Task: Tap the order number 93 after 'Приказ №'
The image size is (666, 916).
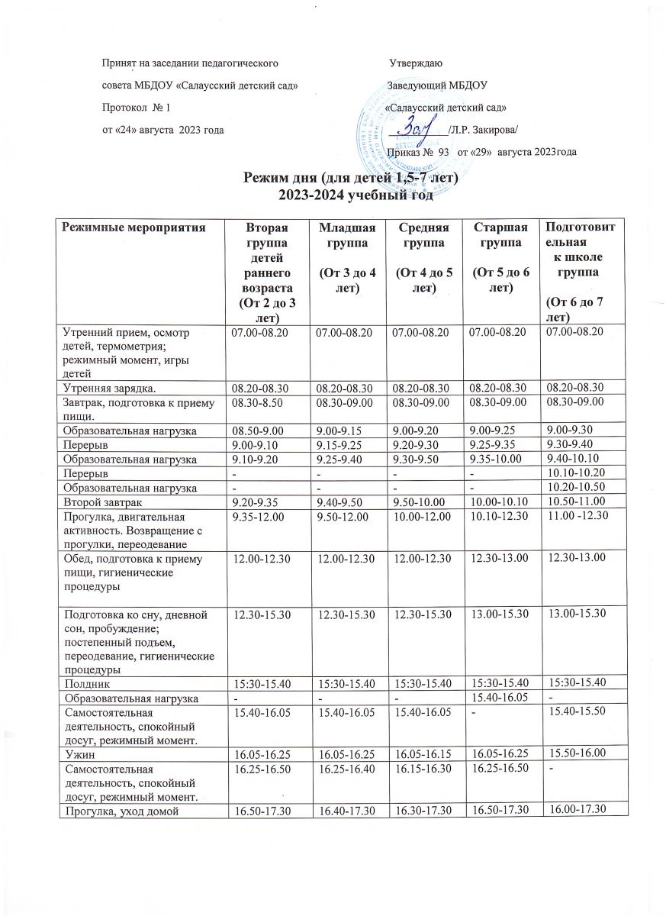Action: coord(442,153)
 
